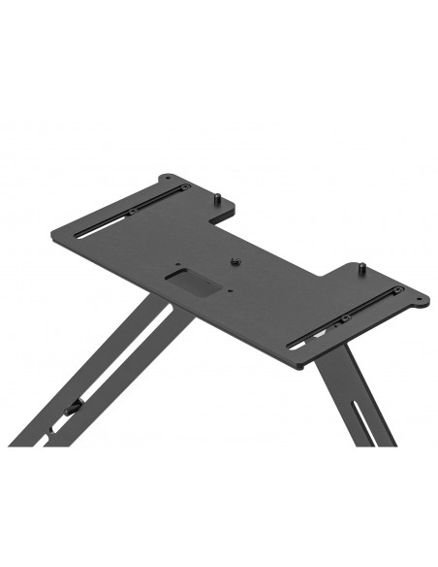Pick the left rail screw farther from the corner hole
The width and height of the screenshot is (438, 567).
(x=130, y=213)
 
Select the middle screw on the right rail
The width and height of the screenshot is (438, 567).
(x=344, y=317)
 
